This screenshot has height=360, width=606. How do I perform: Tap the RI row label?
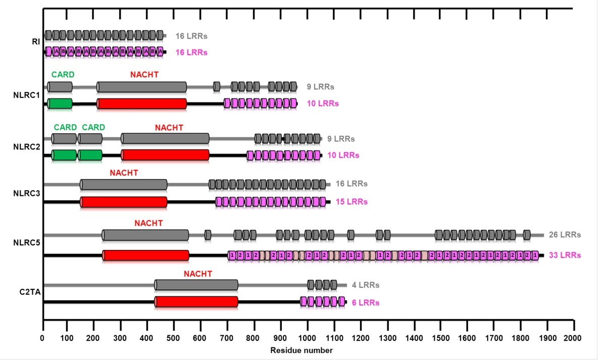(36, 42)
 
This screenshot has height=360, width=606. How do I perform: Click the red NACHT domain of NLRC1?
(142, 104)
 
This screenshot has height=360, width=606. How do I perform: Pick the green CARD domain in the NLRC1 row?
(60, 104)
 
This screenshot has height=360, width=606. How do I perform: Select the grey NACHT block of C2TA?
(196, 285)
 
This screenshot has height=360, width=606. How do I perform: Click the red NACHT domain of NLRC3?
(124, 201)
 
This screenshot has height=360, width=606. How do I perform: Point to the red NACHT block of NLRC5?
(146, 255)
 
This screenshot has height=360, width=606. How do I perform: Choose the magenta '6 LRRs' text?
(366, 302)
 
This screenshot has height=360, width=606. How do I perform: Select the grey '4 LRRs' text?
(366, 285)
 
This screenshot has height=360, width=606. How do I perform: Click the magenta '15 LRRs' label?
(351, 202)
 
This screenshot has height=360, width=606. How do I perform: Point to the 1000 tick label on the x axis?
(308, 337)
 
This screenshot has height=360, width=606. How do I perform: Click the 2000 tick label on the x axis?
(573, 337)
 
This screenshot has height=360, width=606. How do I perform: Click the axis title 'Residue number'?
(301, 350)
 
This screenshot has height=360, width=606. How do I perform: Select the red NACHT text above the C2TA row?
(197, 274)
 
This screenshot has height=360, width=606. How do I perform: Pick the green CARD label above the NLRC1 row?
(63, 75)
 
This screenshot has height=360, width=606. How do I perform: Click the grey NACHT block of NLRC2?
(165, 138)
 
